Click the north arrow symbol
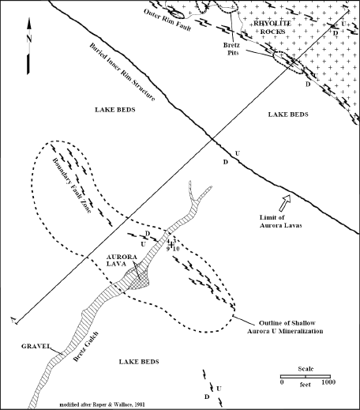tap(28, 46)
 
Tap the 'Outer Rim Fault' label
tap(167, 20)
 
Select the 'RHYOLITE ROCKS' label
tap(272, 28)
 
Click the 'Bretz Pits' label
tap(231, 49)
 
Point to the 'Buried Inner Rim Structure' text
tap(122, 72)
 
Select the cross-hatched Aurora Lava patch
tap(138, 279)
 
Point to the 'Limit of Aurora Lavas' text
tap(280, 221)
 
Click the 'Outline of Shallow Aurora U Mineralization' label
tap(285, 327)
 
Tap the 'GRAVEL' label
tap(36, 346)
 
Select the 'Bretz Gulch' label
tap(86, 347)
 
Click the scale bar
tap(306, 377)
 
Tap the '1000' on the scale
tap(328, 382)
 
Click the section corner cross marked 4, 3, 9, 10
tap(171, 245)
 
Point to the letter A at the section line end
tap(13, 319)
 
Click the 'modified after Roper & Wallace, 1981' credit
tap(103, 404)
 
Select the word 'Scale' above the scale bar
tap(306, 369)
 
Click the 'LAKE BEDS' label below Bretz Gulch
tap(139, 362)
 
